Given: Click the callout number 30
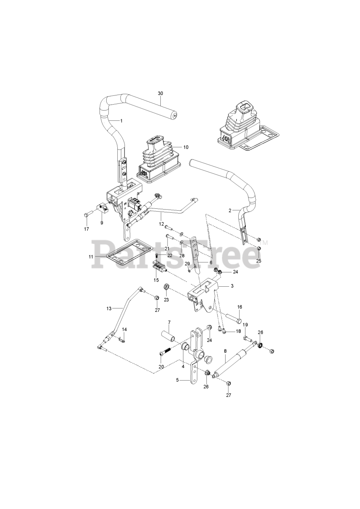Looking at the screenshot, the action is [x=160, y=93].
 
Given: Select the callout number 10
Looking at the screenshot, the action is [x=186, y=147].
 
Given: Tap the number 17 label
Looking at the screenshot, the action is [x=86, y=229].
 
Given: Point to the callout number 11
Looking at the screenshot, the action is [x=91, y=257].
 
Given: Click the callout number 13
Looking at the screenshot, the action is [x=109, y=308].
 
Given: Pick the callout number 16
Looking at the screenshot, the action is [x=240, y=307].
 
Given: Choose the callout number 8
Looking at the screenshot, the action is [x=225, y=351].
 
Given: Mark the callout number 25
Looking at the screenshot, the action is [x=259, y=261].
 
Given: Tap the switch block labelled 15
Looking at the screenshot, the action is [x=159, y=266].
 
